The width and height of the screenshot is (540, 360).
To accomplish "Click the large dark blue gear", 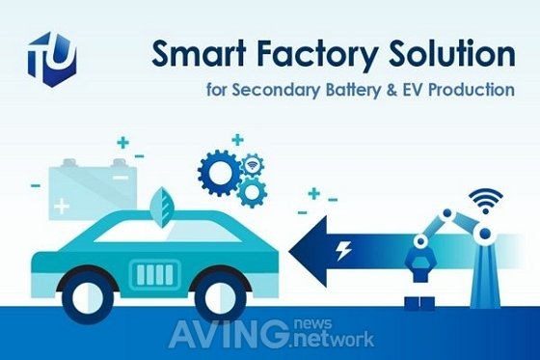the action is click(220, 173).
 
